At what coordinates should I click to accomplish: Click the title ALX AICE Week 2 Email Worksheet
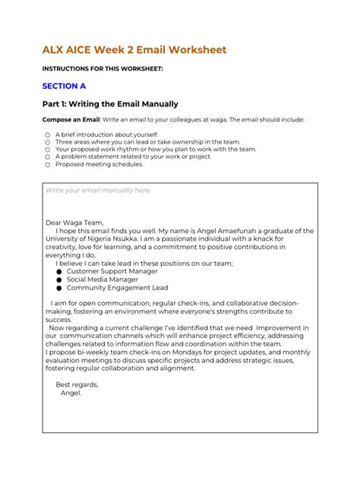134,50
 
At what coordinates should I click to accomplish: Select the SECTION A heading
64,86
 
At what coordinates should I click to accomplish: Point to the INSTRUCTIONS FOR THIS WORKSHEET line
102,68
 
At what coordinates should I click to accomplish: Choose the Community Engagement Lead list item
117,288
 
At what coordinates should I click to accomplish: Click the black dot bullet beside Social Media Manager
58,279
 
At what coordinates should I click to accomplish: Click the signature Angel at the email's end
70,393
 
